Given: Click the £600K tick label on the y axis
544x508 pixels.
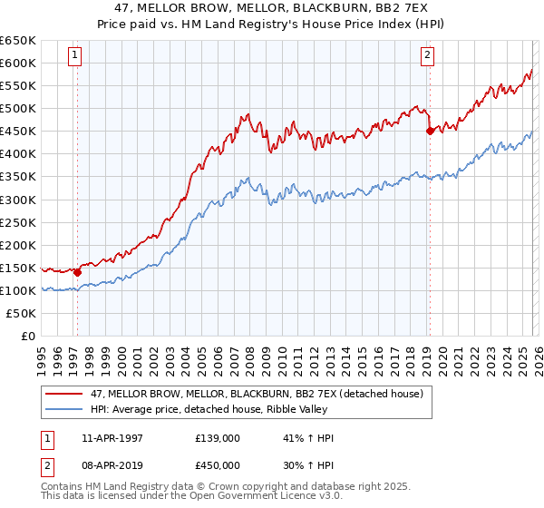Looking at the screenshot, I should pos(18,63).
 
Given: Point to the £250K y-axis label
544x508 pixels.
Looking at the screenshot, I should pos(18,222).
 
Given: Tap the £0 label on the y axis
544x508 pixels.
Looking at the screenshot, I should pos(27,336).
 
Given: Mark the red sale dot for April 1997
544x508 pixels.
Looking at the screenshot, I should pos(78,271).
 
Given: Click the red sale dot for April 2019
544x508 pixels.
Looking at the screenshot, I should pos(430,131).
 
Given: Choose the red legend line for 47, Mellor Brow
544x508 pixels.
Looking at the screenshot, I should pos(65,393).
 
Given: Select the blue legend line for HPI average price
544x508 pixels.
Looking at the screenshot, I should pos(65,408).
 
